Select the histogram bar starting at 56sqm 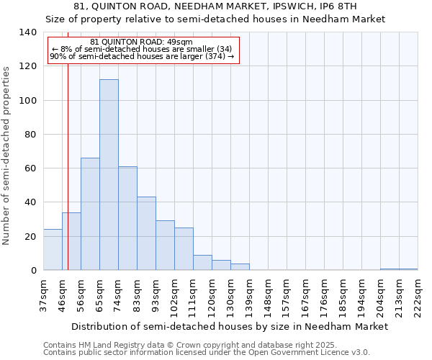[x=90, y=214]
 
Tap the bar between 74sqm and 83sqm [x=127, y=218]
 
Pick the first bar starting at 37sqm [x=53, y=250]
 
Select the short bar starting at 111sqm [x=202, y=263]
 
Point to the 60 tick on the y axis [x=30, y=168]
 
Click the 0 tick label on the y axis [x=33, y=271]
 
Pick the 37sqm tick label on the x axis [x=43, y=296]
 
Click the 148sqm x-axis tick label [x=268, y=296]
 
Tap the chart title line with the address [x=215, y=6]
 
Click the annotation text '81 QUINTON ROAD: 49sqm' [x=142, y=42]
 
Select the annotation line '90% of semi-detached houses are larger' [x=142, y=56]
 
